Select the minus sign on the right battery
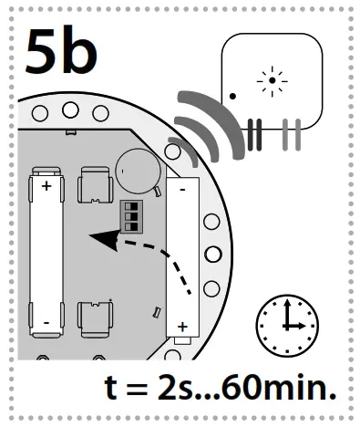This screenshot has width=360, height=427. (183, 191)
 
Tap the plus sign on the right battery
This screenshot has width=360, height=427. (182, 326)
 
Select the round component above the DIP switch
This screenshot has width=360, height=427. (136, 169)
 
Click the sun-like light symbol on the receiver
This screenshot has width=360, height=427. (272, 82)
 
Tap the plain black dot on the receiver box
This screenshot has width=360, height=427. (233, 95)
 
